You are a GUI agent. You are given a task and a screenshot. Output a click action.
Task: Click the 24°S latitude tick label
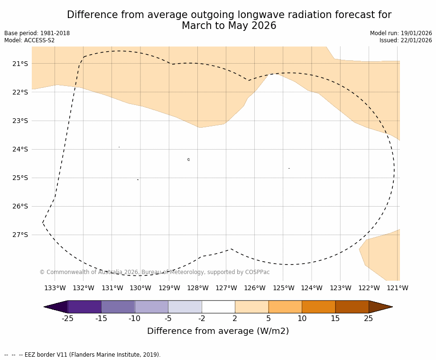coord(20,149)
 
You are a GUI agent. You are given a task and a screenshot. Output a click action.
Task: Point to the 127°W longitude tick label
coord(226,288)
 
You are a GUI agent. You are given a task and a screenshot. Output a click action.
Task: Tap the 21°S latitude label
coord(20,64)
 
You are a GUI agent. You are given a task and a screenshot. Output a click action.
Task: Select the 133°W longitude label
coord(55,288)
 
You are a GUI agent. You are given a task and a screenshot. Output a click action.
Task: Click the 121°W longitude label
coord(398,288)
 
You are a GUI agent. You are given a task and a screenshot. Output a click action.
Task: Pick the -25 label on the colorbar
coord(68,319)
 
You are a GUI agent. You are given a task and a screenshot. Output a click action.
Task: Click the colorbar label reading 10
coord(302,319)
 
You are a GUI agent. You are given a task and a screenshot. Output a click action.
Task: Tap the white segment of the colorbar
coord(218,307)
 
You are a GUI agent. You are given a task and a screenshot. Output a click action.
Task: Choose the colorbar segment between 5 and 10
coord(285,307)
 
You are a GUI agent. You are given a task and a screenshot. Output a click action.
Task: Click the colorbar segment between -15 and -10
coord(118,307)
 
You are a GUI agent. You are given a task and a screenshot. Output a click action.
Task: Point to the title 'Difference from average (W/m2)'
coord(218,331)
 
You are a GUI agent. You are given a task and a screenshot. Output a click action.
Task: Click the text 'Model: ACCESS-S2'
coord(29,40)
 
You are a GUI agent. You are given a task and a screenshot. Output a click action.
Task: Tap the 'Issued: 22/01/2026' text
coord(406,40)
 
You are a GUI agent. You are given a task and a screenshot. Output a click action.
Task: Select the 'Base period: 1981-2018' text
coord(37,33)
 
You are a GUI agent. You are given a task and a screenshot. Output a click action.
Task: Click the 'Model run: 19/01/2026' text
coord(401,33)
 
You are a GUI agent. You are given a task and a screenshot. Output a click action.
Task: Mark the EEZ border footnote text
coord(83,355)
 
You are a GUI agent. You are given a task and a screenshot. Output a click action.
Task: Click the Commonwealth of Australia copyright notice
coord(155,272)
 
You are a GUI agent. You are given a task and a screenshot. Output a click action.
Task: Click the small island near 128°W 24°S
coord(188,160)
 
